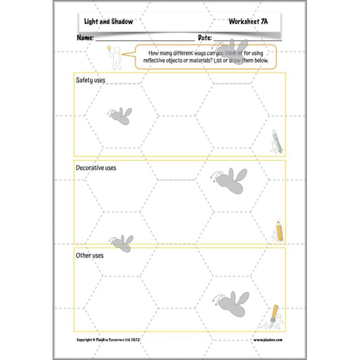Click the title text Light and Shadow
(x=108, y=22)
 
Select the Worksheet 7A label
(x=248, y=22)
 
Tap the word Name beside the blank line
(x=85, y=38)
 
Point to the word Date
(x=205, y=38)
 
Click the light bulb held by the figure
(x=108, y=48)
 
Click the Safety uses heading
(x=90, y=80)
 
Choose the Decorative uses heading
(x=96, y=168)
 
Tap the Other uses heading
(x=90, y=255)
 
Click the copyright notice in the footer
(x=108, y=340)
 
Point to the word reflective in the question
(x=158, y=60)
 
